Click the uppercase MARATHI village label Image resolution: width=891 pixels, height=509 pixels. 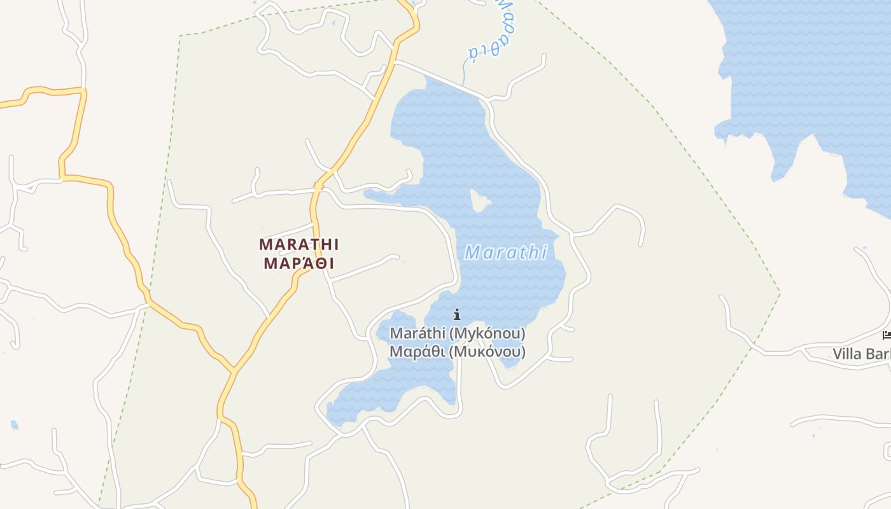tap(299, 244)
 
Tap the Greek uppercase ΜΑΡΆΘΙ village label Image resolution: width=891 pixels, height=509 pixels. tap(299, 263)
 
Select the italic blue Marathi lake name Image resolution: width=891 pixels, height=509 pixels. tap(506, 253)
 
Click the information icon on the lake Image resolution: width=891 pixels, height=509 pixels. tap(457, 314)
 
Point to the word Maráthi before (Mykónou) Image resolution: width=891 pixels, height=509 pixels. tap(417, 333)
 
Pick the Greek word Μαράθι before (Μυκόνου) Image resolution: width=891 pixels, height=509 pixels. tap(417, 352)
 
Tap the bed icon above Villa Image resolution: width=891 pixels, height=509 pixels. tap(887, 335)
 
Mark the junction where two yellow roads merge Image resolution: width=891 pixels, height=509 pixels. tap(234, 370)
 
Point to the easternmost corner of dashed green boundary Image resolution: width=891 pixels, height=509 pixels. tap(780, 293)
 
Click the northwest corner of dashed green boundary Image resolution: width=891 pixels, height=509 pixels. tap(181, 36)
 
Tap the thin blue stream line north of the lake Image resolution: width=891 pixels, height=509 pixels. tap(464, 73)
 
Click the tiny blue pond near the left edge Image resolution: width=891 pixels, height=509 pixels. tap(15, 424)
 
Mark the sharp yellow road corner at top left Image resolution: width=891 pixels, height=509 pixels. tap(83, 91)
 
